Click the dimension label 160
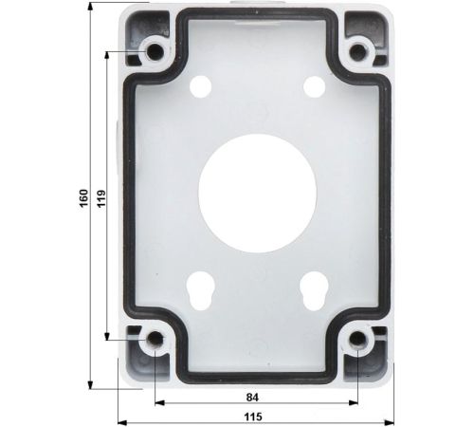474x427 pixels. click(83, 198)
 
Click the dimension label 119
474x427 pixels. click(101, 198)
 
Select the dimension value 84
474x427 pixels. click(252, 398)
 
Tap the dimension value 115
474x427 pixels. click(253, 417)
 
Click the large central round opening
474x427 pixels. click(257, 193)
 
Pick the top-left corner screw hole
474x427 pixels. click(155, 51)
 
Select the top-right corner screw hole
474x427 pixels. click(357, 51)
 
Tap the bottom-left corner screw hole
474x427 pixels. click(155, 340)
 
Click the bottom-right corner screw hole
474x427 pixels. click(357, 340)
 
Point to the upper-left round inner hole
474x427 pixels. click(200, 85)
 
